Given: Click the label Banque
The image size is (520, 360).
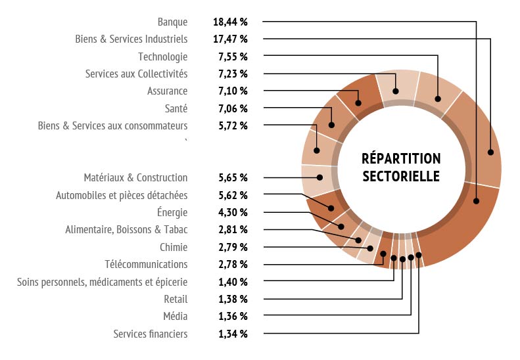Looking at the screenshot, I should (x=173, y=22).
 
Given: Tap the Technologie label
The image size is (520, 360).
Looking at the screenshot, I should (x=162, y=56).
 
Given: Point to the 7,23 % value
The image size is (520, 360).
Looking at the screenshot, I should (x=233, y=74).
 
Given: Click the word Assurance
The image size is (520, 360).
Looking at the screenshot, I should (x=167, y=91).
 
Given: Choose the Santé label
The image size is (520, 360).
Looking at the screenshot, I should (x=176, y=108).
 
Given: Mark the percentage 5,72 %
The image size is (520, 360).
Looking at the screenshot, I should (x=233, y=125).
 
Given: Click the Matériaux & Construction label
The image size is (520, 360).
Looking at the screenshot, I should (x=135, y=177).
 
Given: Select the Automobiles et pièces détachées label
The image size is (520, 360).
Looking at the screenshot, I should (x=122, y=195).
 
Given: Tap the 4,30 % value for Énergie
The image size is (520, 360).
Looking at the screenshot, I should (x=233, y=212).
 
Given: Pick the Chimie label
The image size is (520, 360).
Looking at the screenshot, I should (x=174, y=247).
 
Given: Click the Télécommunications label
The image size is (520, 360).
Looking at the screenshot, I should (x=146, y=264).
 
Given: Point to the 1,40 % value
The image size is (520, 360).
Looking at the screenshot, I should (x=233, y=282).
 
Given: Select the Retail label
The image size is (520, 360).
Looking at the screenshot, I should (x=176, y=299).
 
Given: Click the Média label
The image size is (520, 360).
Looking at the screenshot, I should (x=175, y=316).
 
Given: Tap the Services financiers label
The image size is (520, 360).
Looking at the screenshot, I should (x=150, y=334).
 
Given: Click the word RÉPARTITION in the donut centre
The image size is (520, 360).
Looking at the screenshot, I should (x=401, y=159).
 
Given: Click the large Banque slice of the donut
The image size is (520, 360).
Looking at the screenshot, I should (x=460, y=223).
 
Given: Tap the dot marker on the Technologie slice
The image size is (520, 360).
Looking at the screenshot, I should (x=438, y=99).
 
